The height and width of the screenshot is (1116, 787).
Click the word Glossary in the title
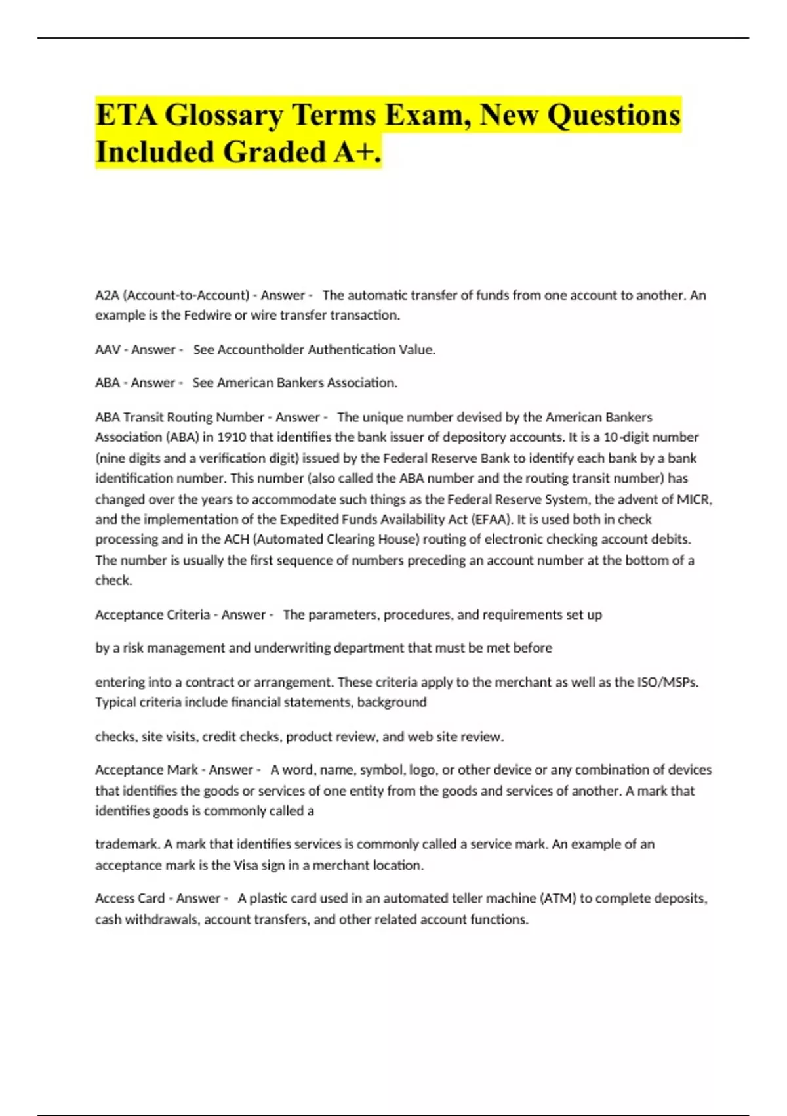[223, 116]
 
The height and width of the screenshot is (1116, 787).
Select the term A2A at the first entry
[106, 295]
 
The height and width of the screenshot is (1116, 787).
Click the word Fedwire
[207, 315]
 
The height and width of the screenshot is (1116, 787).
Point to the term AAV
[108, 350]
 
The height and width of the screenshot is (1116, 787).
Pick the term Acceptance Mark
[146, 770]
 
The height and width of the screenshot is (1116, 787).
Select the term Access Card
[130, 899]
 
